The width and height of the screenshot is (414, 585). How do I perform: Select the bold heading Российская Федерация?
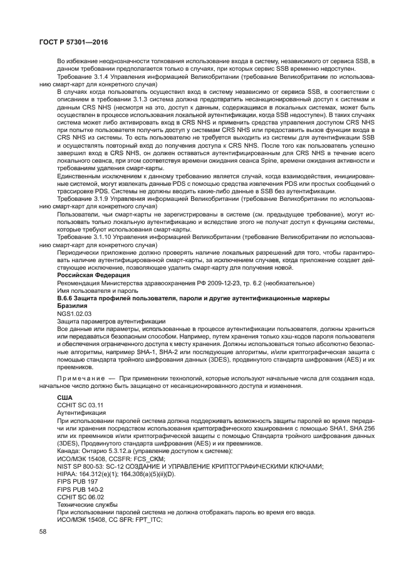[x=85, y=274]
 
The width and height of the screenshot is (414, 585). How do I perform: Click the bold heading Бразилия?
[x=71, y=306]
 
